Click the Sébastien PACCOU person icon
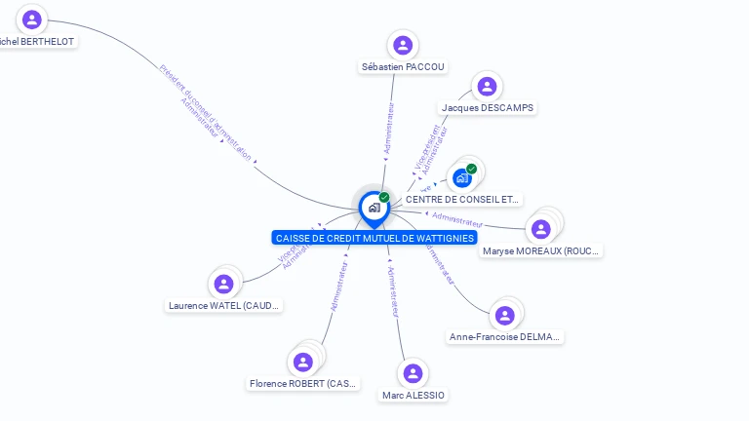point(402,45)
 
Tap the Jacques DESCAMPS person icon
point(487,87)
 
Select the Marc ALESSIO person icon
point(413,373)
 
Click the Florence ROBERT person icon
point(303,363)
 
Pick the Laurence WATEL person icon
point(224,285)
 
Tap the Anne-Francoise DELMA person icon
point(504,315)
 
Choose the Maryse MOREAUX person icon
point(540,229)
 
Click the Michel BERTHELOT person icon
point(32,19)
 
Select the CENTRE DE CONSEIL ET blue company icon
point(462,177)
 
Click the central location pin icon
point(374,208)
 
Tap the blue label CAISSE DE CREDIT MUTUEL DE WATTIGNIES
point(374,238)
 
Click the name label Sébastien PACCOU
point(403,66)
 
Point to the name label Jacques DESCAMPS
point(488,107)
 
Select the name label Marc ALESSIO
point(414,395)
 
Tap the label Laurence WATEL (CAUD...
point(224,306)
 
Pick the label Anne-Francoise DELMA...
point(505,336)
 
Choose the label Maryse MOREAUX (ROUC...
point(541,251)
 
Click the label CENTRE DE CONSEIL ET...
point(463,199)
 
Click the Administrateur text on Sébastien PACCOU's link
point(389,133)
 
